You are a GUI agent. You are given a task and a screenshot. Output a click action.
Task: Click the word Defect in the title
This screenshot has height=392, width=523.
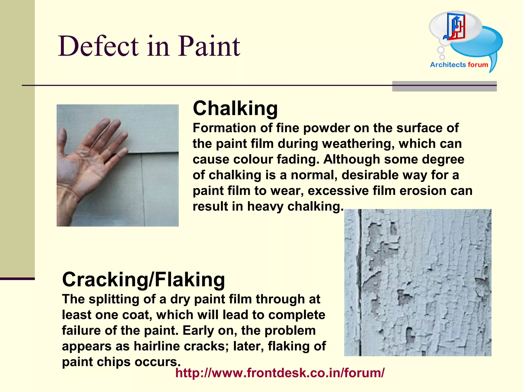pyautogui.click(x=99, y=46)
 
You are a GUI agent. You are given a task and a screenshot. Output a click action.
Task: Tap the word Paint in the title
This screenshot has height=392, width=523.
pyautogui.click(x=209, y=46)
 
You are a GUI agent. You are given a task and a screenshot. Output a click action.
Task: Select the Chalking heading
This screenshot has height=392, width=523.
pyautogui.click(x=235, y=108)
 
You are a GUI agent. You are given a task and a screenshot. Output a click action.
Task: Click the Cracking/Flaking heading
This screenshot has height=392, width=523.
pyautogui.click(x=143, y=279)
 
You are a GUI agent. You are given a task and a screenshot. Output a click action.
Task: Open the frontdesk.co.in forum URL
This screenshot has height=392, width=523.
pyautogui.click(x=280, y=373)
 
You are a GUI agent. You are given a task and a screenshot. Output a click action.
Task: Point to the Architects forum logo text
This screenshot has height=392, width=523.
pyautogui.click(x=459, y=65)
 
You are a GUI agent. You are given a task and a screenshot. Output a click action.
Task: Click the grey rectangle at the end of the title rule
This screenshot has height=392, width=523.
pyautogui.click(x=444, y=86)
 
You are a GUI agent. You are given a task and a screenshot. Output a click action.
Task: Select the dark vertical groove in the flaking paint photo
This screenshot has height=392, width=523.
pyautogui.click(x=360, y=281)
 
